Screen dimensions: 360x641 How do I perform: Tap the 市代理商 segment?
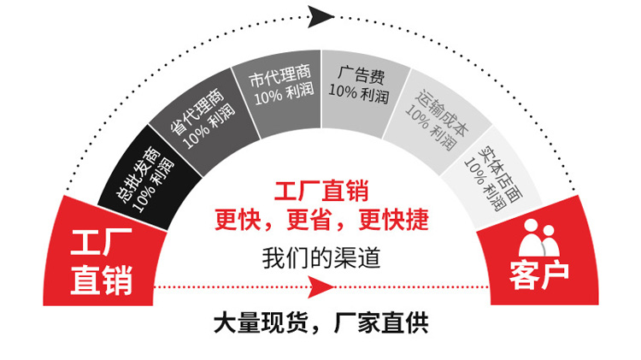[277, 86]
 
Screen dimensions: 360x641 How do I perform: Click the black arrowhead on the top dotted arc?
[320, 15]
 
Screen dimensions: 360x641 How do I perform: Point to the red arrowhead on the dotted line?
[322, 287]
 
